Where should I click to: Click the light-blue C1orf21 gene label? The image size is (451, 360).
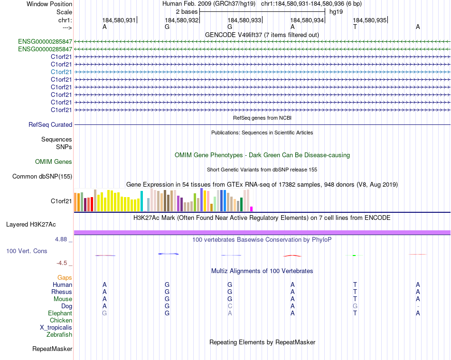[x=61, y=72]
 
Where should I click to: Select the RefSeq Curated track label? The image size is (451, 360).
[x=50, y=125]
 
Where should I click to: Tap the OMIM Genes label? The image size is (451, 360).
[x=54, y=162]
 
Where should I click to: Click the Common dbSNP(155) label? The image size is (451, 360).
[x=42, y=177]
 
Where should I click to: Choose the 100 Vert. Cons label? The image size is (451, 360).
[x=27, y=251]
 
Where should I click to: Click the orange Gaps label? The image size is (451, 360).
[x=65, y=277]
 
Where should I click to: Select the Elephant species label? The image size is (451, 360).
[x=60, y=313]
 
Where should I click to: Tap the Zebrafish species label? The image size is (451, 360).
[x=59, y=335]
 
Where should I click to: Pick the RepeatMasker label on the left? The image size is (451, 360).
[x=52, y=349]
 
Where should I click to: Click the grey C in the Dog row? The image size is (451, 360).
[x=230, y=306]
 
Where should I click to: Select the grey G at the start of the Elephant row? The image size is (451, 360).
[x=104, y=313]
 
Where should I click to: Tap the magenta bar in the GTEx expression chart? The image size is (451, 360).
[x=252, y=209]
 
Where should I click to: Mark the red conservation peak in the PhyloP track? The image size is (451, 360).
[x=292, y=256]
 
